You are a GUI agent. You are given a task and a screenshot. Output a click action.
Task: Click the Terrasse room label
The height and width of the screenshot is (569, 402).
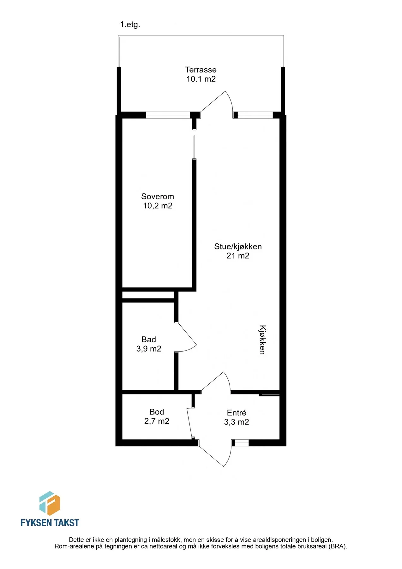201,70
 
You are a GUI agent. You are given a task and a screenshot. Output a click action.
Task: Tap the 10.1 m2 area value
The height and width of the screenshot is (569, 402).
201,79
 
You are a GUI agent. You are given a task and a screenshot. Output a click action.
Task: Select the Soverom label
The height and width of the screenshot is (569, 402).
158,196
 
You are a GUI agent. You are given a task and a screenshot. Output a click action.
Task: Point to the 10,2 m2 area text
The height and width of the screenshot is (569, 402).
158,206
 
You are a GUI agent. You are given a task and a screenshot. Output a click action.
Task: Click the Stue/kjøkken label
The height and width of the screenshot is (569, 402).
238,247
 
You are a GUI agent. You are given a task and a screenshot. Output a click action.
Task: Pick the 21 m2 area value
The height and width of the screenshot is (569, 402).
238,256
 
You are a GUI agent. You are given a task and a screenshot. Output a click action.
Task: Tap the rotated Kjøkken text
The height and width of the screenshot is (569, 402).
262,340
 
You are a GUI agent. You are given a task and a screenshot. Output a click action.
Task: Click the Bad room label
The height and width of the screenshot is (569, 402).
149,340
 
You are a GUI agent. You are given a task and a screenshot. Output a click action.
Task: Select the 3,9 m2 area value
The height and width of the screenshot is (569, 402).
149,349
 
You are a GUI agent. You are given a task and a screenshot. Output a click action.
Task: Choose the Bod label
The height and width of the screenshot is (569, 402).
157,412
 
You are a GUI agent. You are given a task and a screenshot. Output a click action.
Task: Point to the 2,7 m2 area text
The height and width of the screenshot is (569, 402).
157,421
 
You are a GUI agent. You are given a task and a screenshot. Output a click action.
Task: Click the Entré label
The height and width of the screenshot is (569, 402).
237,413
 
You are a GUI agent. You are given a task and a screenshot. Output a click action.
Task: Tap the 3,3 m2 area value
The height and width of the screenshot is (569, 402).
237,422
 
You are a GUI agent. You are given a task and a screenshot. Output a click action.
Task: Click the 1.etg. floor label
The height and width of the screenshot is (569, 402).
130,25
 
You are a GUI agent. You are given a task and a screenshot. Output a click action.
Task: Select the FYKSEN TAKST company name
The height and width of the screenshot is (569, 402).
50,523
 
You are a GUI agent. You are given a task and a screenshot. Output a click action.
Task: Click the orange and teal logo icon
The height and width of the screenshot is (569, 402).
50,503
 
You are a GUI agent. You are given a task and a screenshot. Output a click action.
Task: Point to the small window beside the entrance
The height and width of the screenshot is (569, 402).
242,443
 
